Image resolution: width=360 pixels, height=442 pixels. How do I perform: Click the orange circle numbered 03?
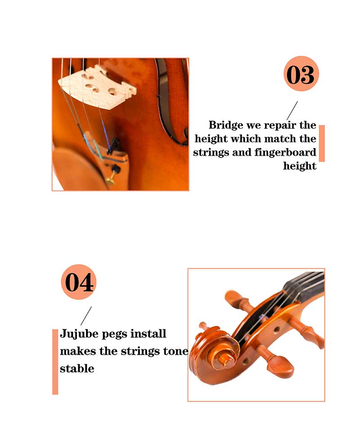tap(301, 73)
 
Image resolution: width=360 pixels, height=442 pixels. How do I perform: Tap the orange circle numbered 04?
tap(79, 282)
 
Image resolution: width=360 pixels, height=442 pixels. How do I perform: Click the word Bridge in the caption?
tap(226, 126)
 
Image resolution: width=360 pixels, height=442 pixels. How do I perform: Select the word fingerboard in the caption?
tap(285, 153)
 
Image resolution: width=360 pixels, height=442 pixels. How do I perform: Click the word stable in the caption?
tap(77, 369)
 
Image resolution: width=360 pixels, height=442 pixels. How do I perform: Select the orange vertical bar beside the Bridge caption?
tap(322, 143)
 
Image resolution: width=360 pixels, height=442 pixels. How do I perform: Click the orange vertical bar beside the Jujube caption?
tap(55, 362)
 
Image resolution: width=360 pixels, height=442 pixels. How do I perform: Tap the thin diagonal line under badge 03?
tap(292, 111)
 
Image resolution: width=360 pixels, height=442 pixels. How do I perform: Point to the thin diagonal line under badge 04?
tap(86, 316)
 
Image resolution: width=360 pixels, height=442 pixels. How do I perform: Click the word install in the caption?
tap(148, 334)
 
